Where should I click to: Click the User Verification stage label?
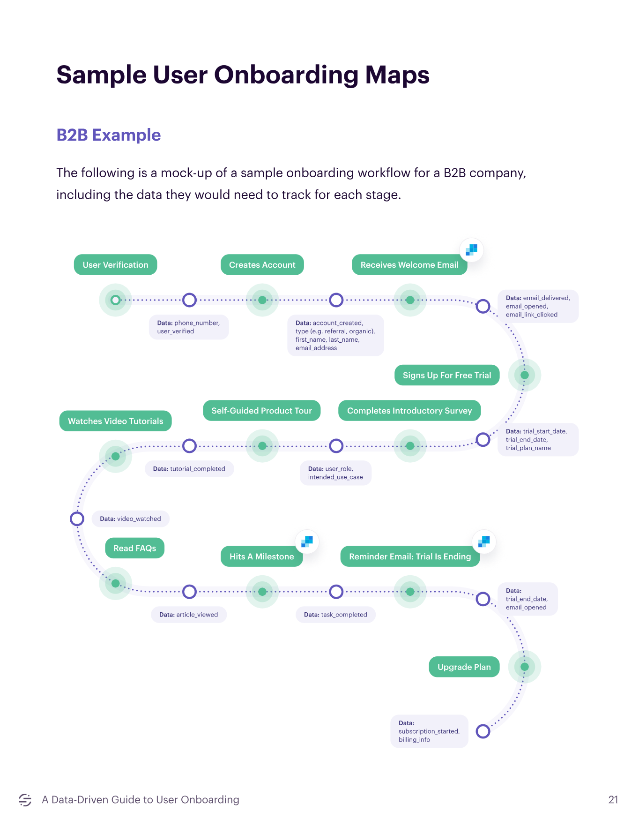[115, 265]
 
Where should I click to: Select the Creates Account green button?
[262, 265]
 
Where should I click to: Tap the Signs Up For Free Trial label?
[446, 375]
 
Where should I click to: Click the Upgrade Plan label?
[464, 667]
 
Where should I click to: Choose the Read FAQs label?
[134, 548]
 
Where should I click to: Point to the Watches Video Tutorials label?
[115, 421]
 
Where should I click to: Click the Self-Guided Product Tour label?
[261, 411]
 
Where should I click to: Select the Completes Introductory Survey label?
[409, 411]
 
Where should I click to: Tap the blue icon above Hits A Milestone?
[307, 541]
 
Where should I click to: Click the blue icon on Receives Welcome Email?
[471, 249]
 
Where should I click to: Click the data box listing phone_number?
[189, 327]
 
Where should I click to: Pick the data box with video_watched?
[130, 519]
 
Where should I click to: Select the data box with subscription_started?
[429, 731]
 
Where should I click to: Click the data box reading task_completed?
[335, 614]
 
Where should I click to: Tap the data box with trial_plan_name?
[537, 439]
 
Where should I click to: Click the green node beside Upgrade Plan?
[525, 667]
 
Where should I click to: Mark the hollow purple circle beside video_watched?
[77, 519]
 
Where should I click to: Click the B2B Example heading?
[108, 135]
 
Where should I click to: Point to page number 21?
[613, 800]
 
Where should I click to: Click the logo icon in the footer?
[25, 800]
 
